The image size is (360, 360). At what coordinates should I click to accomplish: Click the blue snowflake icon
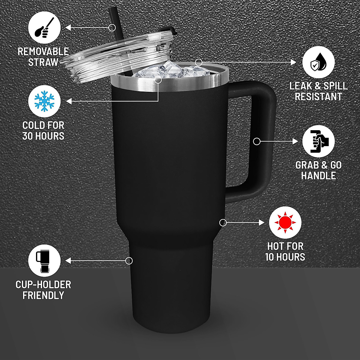click(x=44, y=101)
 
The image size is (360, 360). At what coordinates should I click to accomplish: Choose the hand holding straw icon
click(x=44, y=28)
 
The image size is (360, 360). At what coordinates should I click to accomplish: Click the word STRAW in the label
click(x=43, y=62)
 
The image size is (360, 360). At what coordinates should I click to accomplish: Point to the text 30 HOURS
click(x=43, y=136)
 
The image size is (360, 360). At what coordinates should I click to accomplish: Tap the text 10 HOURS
click(x=285, y=257)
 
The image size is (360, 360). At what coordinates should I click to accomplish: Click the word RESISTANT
click(x=318, y=97)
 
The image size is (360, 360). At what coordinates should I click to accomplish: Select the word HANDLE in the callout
click(x=318, y=175)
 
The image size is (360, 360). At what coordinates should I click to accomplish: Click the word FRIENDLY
click(x=43, y=295)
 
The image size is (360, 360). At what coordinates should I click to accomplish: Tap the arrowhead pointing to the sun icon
click(x=262, y=223)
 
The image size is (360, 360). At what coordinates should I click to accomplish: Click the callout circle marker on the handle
click(x=257, y=141)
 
